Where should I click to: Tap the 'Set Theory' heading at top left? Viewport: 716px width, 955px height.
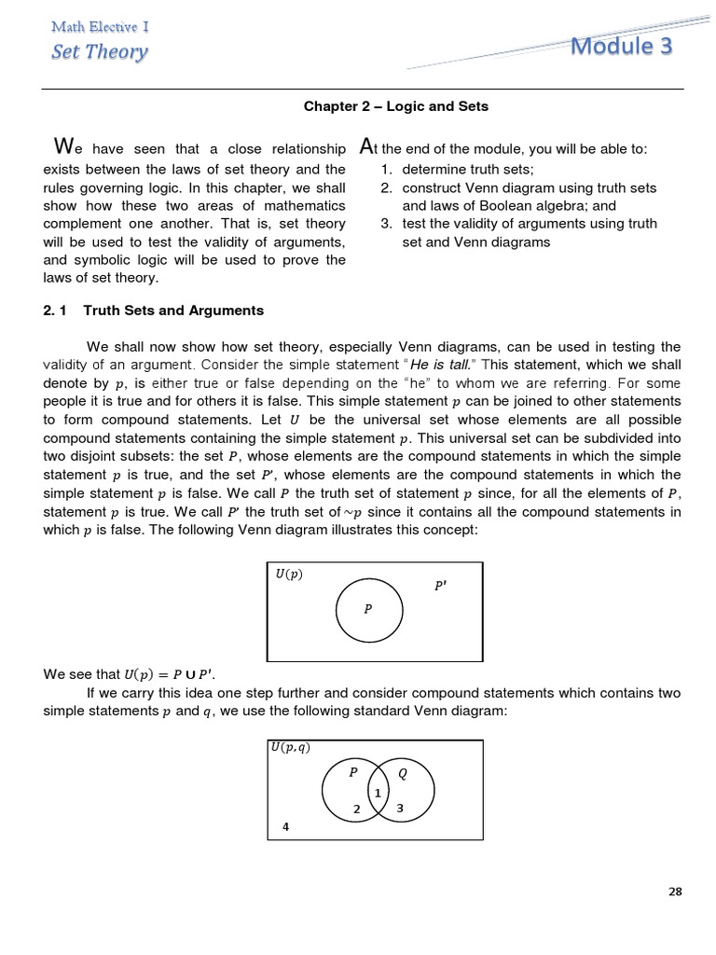coord(99,50)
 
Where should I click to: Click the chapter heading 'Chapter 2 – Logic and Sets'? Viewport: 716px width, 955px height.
coord(396,106)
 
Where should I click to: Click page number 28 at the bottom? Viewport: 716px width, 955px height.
coord(676,892)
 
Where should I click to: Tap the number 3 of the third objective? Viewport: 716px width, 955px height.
coord(385,224)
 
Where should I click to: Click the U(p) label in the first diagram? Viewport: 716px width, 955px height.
coord(289,574)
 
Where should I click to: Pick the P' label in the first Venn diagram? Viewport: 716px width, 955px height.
coord(440,586)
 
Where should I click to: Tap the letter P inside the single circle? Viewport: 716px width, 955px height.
coord(368,609)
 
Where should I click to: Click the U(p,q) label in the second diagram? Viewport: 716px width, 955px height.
coord(291,747)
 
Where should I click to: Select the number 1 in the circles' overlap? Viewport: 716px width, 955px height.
coord(378,793)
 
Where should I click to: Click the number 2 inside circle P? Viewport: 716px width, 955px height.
coord(356,810)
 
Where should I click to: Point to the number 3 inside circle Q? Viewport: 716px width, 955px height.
coord(400,809)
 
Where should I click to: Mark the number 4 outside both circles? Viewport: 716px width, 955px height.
coord(286,826)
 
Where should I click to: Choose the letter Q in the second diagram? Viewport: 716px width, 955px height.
coord(403,773)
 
